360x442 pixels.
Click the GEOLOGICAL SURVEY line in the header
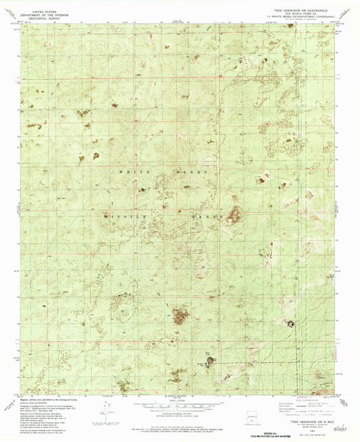tap(35, 16)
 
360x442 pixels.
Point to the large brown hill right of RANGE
tap(234, 216)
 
